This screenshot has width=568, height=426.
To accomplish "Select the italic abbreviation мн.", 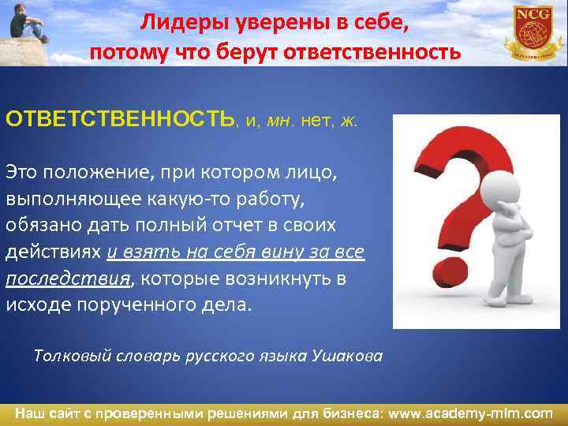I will coord(280,121).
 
